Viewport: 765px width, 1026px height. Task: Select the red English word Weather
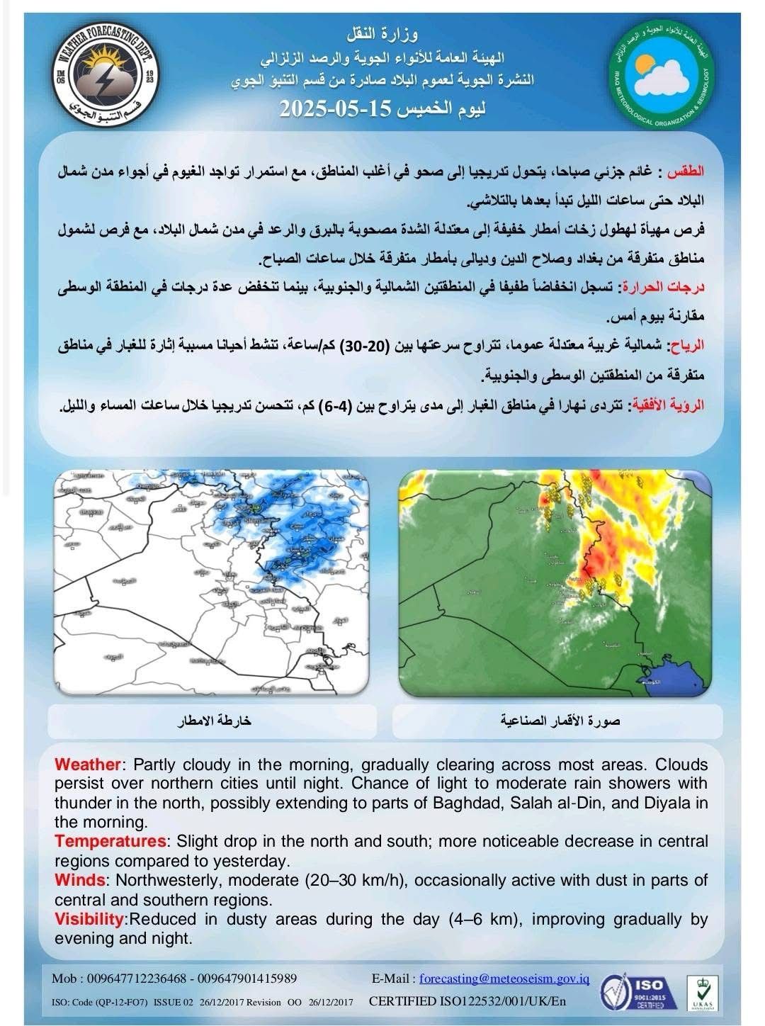(88, 765)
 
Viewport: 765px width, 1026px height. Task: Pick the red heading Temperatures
(110, 842)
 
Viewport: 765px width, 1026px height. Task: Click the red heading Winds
(79, 881)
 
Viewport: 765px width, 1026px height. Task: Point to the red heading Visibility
(89, 920)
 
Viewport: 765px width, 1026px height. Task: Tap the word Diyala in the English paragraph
(669, 804)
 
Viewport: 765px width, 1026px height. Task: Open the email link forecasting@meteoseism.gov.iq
(504, 979)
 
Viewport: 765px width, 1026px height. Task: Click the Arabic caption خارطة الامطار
(214, 721)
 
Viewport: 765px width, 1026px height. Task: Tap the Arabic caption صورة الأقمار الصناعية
(560, 721)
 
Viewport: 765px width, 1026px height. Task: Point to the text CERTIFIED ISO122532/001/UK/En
(467, 1002)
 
